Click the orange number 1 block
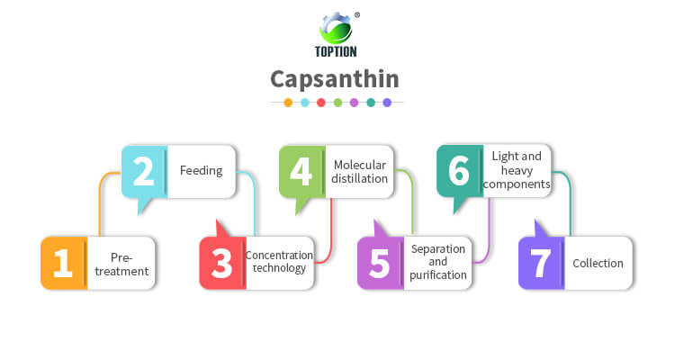[63, 263]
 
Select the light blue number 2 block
[144, 171]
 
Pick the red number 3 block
[222, 263]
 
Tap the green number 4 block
[301, 171]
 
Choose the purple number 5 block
[380, 263]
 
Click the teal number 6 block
[459, 171]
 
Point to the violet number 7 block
[540, 263]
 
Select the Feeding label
[201, 170]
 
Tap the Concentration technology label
[280, 262]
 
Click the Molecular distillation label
[360, 171]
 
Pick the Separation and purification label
[438, 262]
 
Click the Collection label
[598, 263]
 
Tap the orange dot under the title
[288, 103]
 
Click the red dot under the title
[321, 103]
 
